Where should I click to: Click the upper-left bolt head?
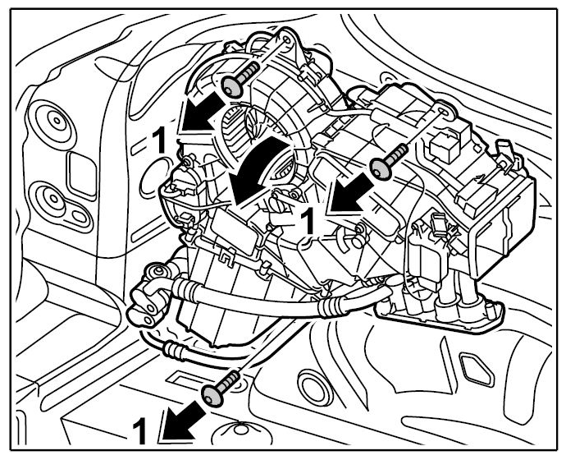click(233, 87)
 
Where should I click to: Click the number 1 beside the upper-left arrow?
click(159, 140)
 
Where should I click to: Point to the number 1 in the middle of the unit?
click(308, 220)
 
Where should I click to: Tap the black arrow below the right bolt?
click(351, 193)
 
